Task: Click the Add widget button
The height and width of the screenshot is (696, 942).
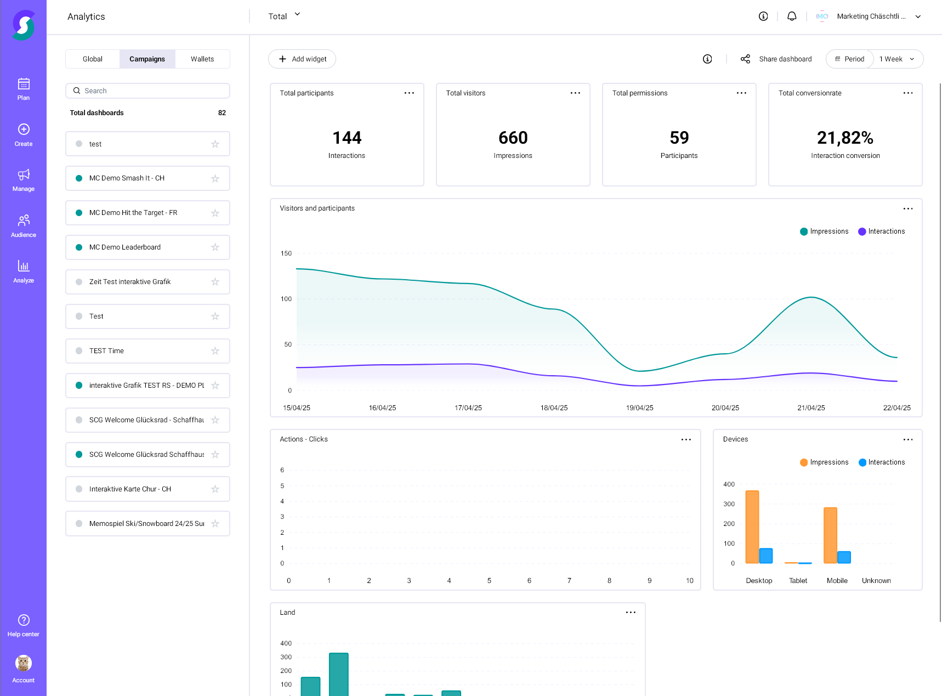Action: point(302,59)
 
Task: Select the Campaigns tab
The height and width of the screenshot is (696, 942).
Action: point(147,59)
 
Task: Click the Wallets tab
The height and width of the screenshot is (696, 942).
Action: point(202,59)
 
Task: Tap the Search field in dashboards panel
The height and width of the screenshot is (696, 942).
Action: point(148,91)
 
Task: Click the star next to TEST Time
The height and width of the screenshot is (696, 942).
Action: point(215,351)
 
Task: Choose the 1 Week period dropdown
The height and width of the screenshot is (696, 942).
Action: point(897,59)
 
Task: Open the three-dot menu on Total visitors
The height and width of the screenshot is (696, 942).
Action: point(575,93)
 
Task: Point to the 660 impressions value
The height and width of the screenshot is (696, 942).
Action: point(513,138)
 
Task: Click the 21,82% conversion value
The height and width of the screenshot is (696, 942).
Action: point(845,138)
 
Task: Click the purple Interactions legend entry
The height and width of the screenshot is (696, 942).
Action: point(882,231)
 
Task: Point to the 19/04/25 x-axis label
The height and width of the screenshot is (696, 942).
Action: point(639,408)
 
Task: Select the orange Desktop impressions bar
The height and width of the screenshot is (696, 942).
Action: point(752,527)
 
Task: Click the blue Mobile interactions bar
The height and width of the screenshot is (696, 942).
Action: point(844,557)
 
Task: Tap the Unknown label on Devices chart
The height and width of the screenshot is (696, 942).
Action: point(876,581)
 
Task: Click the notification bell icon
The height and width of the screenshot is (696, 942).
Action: point(791,16)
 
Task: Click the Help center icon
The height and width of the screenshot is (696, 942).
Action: point(24,620)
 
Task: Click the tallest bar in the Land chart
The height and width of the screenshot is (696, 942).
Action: point(338,674)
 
